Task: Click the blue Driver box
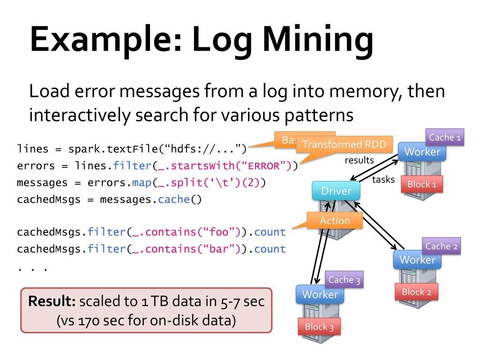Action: click(x=336, y=191)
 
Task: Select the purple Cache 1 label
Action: click(x=445, y=137)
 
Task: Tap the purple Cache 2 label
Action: click(x=441, y=246)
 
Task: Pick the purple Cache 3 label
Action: click(x=344, y=280)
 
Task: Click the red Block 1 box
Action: click(x=422, y=184)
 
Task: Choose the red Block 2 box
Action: click(x=416, y=292)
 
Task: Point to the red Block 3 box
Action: click(x=319, y=327)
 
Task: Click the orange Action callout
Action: click(x=335, y=220)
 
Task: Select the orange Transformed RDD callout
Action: click(x=344, y=144)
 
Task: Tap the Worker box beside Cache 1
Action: click(x=422, y=152)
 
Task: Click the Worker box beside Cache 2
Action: click(x=417, y=260)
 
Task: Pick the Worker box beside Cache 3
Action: click(x=320, y=294)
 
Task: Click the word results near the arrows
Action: click(x=359, y=160)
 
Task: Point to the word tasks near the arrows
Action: click(x=383, y=180)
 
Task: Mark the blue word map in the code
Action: click(x=141, y=182)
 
